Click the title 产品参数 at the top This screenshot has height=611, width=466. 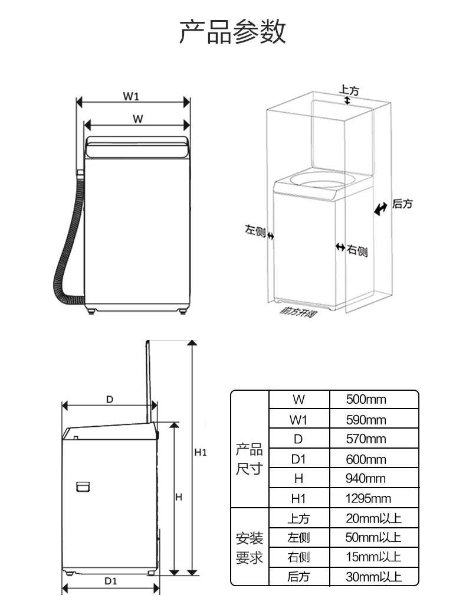pos(232,31)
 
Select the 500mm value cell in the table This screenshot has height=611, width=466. pos(366,400)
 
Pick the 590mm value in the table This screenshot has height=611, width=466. pos(366,420)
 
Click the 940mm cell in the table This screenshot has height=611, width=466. pos(366,479)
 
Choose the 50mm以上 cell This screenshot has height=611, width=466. pos(373,538)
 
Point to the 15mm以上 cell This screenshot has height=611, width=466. pos(373,557)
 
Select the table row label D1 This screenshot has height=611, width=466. pos(298,459)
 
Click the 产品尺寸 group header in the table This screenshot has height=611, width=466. pos(249,459)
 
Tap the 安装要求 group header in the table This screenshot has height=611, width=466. pos(249,547)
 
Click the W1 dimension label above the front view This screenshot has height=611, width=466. pos(131,96)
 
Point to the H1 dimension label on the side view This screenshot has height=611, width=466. pos(201,453)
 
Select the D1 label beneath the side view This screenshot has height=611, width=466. pos(111,581)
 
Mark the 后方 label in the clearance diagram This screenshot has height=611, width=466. pos(402,204)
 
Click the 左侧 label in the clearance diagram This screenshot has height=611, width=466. pos(255,230)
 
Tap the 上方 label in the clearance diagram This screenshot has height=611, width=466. pos(349,90)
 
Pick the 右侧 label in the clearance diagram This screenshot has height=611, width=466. pos(357,250)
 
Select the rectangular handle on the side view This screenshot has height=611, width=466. pos(83,487)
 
